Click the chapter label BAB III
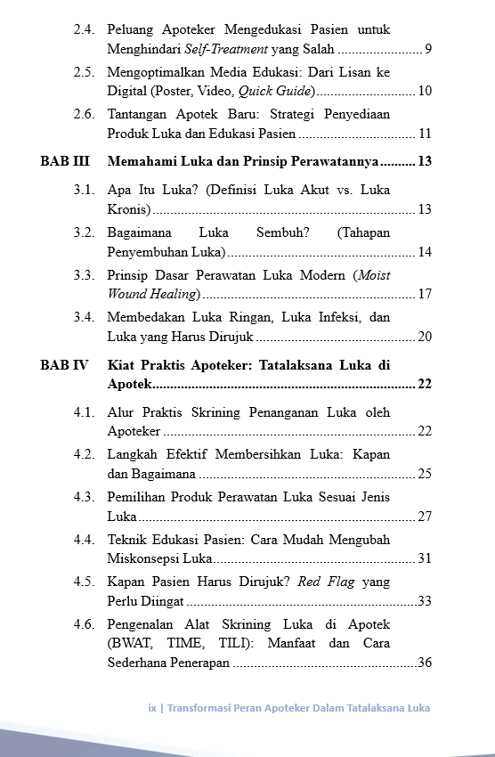(64, 162)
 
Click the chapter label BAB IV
(64, 365)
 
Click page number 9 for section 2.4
(428, 49)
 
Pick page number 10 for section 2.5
(425, 92)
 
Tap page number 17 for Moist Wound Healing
(425, 294)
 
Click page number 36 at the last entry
(425, 663)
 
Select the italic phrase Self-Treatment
(221, 49)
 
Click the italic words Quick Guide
(275, 92)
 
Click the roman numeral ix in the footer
(152, 709)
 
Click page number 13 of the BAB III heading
(425, 162)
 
